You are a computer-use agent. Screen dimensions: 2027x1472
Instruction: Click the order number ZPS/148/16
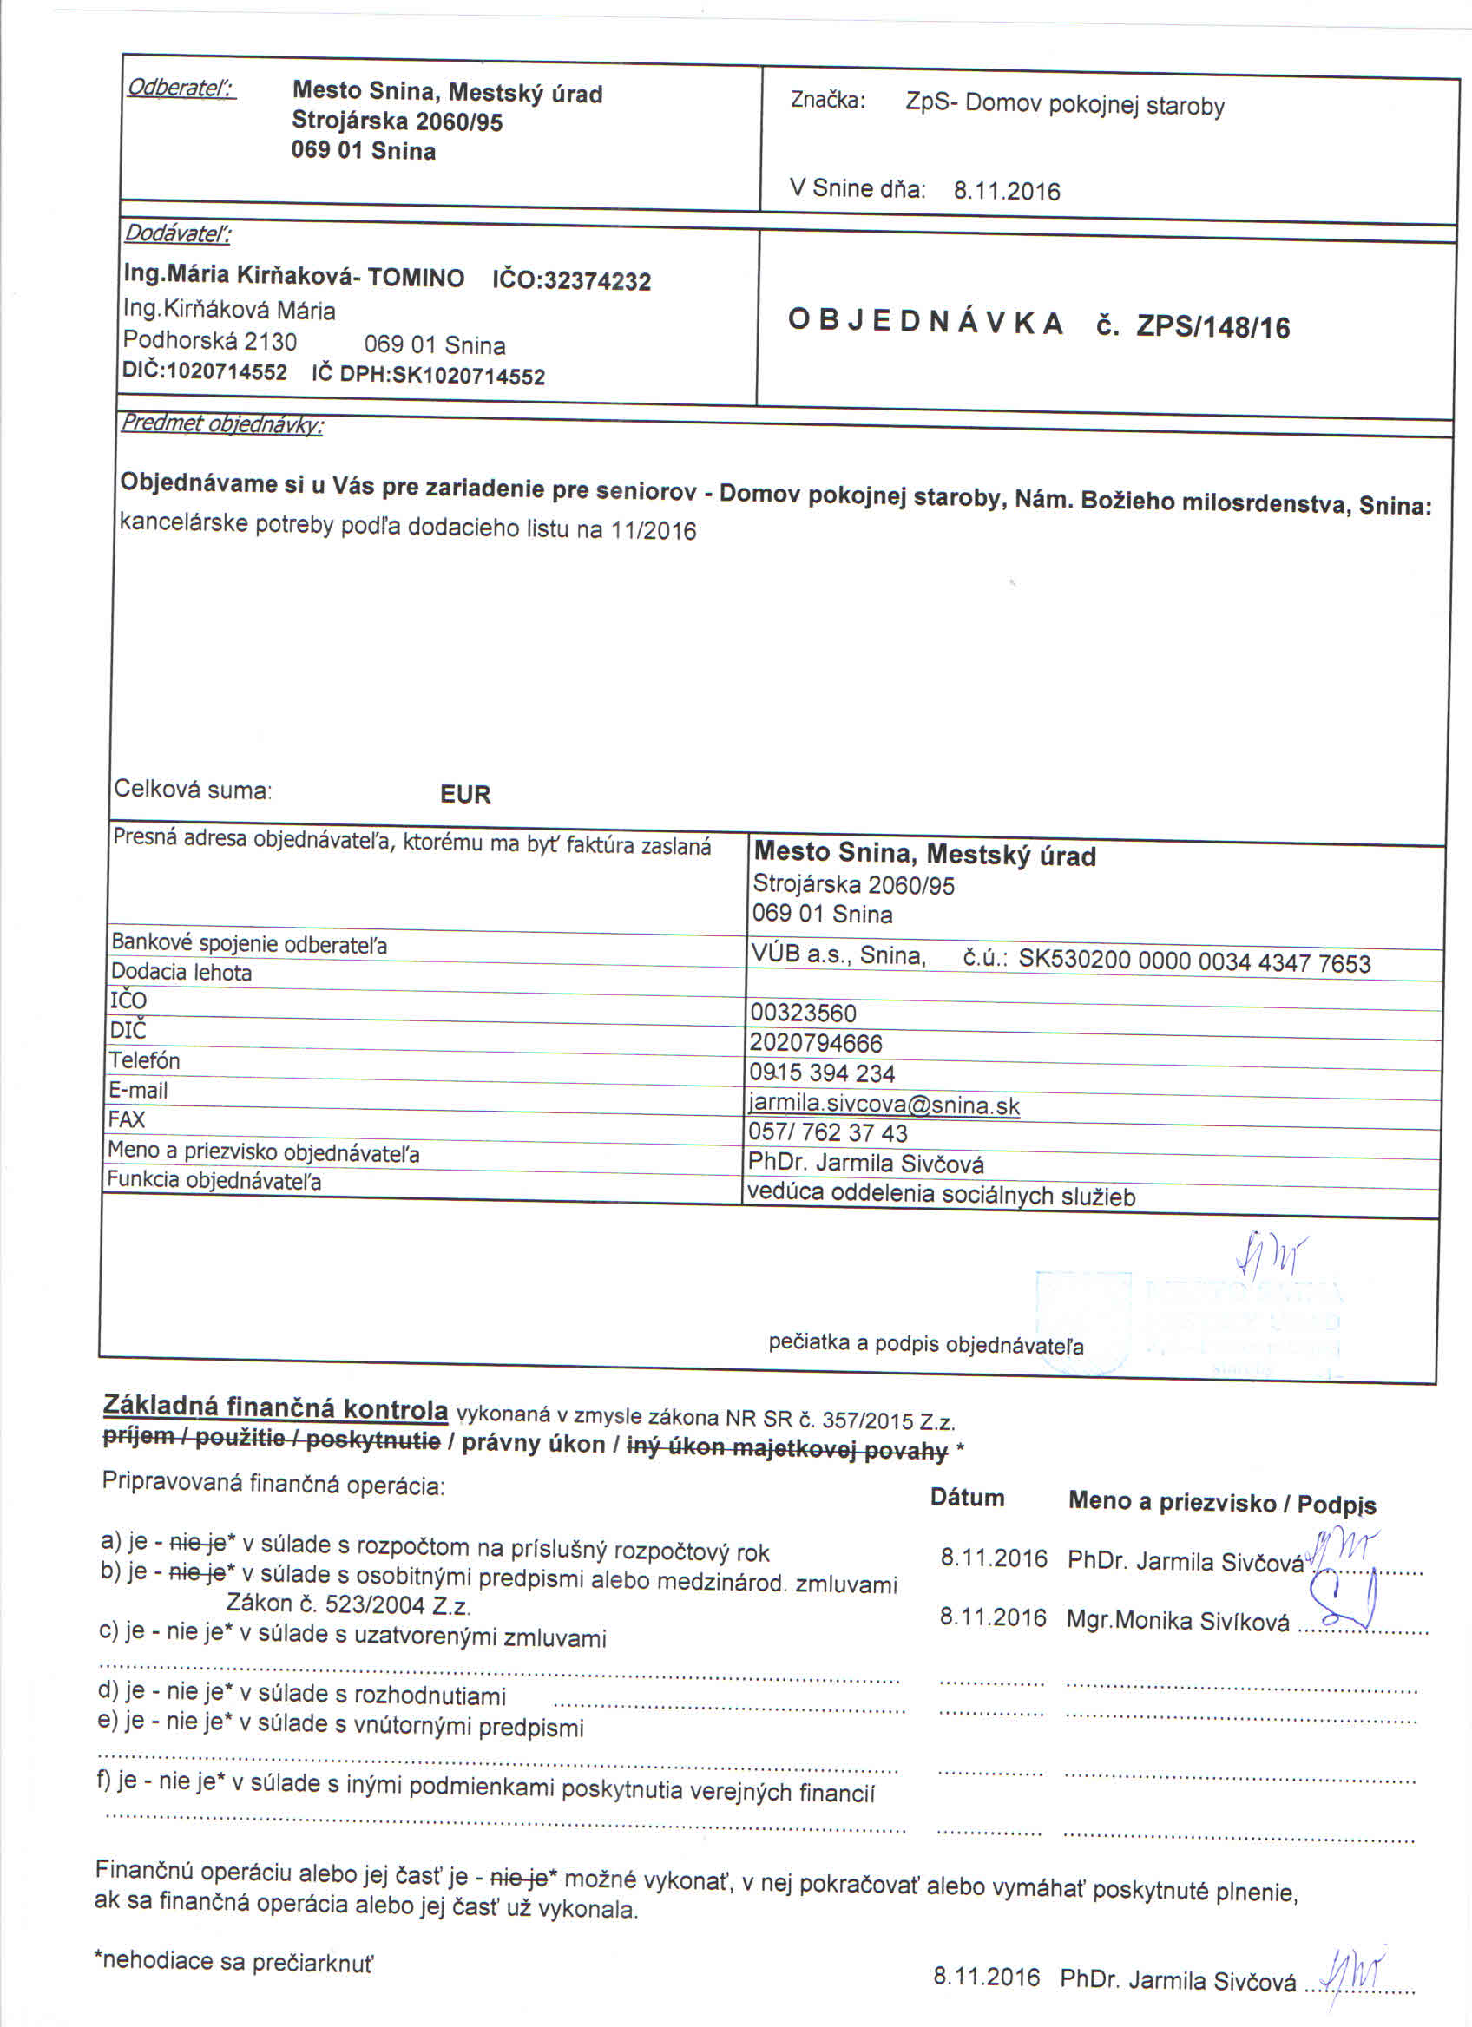coord(1212,327)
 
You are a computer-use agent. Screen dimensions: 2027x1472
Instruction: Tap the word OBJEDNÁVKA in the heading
coord(926,323)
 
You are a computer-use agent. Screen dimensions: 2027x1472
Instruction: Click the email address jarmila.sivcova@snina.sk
coord(884,1105)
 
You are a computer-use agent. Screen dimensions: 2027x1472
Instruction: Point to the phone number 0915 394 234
coord(822,1073)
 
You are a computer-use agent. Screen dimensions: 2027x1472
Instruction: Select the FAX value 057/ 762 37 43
coord(828,1133)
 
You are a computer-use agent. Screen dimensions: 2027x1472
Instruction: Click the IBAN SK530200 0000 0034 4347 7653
coord(1194,962)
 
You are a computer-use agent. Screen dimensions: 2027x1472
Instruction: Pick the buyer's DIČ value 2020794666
coord(816,1043)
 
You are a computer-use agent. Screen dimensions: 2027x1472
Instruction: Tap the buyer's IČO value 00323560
coord(804,1013)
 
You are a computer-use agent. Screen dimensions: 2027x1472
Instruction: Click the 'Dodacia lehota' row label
coord(181,973)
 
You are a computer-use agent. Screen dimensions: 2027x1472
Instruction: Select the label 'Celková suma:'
coord(193,790)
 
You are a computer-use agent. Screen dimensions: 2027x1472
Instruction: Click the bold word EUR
coord(464,795)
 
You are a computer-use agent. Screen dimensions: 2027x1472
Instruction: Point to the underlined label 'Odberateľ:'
coord(181,88)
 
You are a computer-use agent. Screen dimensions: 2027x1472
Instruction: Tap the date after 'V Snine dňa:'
coord(1006,191)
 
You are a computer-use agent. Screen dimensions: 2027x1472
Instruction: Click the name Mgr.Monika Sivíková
coord(1177,1621)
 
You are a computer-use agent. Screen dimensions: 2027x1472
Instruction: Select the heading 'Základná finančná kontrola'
coord(275,1407)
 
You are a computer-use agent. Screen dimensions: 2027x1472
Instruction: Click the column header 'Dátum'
coord(967,1499)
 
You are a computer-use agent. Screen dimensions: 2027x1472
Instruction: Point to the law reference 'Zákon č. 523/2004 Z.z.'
coord(349,1604)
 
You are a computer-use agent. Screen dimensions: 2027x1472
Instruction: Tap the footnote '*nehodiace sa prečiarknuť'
coord(234,1961)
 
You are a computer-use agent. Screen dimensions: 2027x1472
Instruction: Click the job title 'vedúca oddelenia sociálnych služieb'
coord(941,1195)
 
